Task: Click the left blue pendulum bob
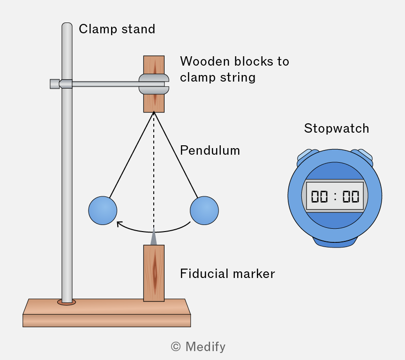103,210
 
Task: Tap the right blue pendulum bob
204,210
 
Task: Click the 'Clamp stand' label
117,29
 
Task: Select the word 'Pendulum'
210,150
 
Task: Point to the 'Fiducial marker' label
227,274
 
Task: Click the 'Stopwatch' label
337,128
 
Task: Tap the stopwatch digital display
335,196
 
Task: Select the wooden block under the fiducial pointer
154,273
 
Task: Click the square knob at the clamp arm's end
54,84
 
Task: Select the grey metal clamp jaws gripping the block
154,84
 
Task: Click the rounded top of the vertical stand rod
67,25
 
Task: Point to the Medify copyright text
198,346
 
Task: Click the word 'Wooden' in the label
205,61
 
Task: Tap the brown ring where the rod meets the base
67,302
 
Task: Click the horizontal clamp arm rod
105,84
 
